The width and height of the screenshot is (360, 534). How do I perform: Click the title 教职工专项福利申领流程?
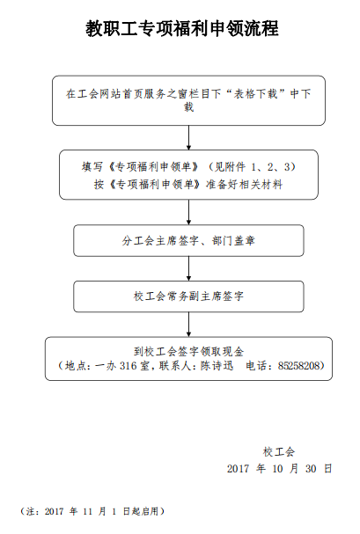coord(182,28)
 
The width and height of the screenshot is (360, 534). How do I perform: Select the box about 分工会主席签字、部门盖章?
coord(188,240)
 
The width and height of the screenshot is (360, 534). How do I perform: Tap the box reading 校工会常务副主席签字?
coord(188,296)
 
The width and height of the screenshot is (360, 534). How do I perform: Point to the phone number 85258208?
coord(299,365)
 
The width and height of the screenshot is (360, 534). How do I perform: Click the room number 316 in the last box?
coord(128,365)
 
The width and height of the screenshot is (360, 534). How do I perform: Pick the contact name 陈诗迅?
coord(217,365)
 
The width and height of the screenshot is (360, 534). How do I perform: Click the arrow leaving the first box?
coord(188,137)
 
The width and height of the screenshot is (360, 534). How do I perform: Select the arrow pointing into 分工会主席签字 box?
coord(188,212)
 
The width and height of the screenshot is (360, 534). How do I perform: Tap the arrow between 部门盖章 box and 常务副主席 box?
coord(188,268)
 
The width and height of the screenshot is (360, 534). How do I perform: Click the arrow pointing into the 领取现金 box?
coord(188,325)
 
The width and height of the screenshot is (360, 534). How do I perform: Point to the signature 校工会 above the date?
coord(279,452)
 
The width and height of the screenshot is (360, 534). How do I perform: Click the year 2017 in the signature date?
coord(238,469)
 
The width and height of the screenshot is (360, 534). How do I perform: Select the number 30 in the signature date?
coord(311,469)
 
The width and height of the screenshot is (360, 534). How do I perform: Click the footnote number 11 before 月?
coord(88,511)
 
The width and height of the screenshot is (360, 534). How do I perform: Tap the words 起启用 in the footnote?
coord(145,511)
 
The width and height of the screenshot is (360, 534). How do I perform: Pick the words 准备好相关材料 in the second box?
coord(244,185)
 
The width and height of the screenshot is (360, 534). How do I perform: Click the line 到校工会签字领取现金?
coord(188,351)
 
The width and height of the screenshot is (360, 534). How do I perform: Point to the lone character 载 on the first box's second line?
coord(188,107)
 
